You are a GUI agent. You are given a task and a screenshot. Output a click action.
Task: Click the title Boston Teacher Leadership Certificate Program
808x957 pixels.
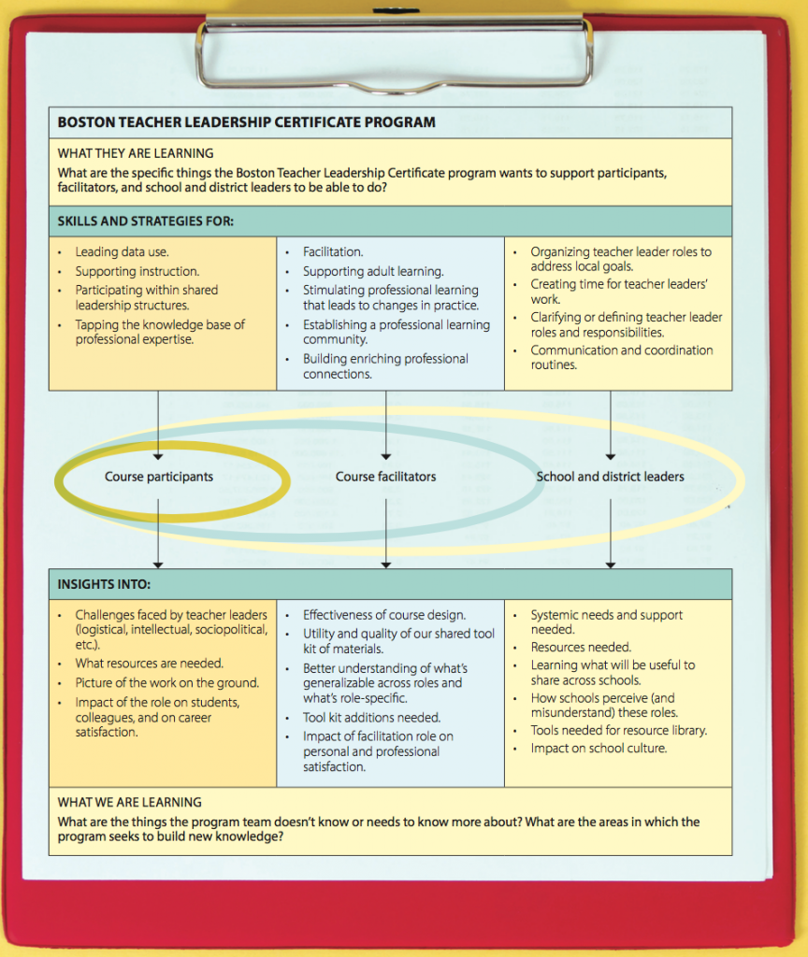point(246,122)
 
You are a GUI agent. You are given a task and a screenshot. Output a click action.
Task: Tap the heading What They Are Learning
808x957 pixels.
point(136,153)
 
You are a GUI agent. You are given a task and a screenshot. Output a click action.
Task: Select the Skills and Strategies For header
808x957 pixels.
point(146,221)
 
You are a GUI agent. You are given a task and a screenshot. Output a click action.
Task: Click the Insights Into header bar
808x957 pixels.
point(104,585)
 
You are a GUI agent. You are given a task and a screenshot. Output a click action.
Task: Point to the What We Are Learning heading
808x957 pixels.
point(130,802)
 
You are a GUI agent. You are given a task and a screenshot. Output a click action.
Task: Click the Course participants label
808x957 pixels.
point(159,477)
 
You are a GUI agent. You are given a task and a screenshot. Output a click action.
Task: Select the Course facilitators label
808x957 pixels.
point(385,477)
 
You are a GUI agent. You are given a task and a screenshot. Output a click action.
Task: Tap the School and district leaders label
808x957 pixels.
point(610,477)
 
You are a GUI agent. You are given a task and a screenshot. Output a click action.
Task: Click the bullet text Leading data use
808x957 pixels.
point(123,252)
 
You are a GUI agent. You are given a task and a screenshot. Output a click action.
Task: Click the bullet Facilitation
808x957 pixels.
point(333,252)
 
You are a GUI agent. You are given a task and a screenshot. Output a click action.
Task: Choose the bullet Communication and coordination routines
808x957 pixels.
point(622,357)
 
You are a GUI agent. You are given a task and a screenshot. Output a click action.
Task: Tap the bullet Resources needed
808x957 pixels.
point(581,648)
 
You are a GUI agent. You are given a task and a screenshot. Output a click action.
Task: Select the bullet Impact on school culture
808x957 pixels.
point(599,749)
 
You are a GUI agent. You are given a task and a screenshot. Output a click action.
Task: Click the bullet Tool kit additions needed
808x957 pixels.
point(371,718)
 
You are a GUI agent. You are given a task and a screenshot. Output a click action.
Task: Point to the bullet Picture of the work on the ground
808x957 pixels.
point(167,683)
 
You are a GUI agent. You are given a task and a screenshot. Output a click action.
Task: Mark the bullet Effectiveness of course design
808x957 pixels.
point(384,615)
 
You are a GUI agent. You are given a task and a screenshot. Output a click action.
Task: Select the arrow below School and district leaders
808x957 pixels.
point(611,533)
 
